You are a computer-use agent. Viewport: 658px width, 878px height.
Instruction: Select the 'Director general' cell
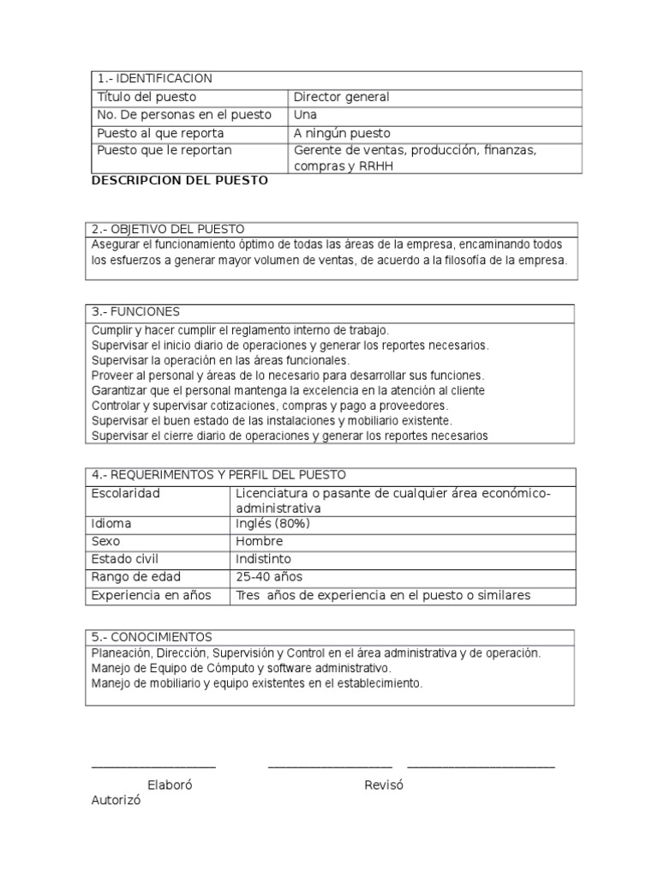(x=341, y=97)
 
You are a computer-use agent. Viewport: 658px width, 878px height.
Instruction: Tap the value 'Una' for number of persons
(x=305, y=115)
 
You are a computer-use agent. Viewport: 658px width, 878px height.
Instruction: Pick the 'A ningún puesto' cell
(x=341, y=133)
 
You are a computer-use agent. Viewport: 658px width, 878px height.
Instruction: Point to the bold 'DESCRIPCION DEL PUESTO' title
(x=179, y=181)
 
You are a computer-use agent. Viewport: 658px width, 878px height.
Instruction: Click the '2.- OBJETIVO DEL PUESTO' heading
(x=168, y=229)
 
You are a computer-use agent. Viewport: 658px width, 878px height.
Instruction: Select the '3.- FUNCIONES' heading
(x=135, y=311)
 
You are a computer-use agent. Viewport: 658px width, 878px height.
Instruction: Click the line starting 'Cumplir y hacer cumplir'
(x=239, y=329)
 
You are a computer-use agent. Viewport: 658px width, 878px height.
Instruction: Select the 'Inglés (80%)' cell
(x=272, y=523)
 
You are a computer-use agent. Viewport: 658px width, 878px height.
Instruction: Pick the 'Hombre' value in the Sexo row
(x=259, y=541)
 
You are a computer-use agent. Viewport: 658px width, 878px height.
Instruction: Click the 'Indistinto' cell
(x=265, y=559)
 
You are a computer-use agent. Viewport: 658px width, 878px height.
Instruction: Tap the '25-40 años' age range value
(x=269, y=577)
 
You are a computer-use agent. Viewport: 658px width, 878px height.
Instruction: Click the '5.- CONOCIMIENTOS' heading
(x=152, y=637)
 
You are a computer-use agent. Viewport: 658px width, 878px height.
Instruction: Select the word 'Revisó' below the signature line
(x=383, y=785)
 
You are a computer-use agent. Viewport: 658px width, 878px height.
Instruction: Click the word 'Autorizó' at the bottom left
(x=116, y=800)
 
